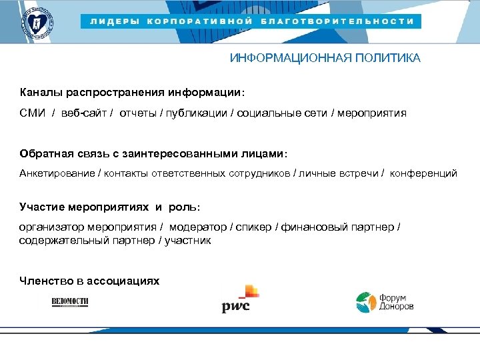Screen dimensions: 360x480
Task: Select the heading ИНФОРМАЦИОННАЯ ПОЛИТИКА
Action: pyautogui.click(x=325, y=58)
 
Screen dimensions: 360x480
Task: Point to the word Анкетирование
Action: pyautogui.click(x=57, y=173)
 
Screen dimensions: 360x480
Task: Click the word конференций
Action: pyautogui.click(x=424, y=173)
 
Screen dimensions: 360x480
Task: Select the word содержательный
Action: pyautogui.click(x=60, y=240)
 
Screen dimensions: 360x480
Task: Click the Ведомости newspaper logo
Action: pyautogui.click(x=71, y=302)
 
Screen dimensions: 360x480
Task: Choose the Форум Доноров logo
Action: pyautogui.click(x=385, y=302)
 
